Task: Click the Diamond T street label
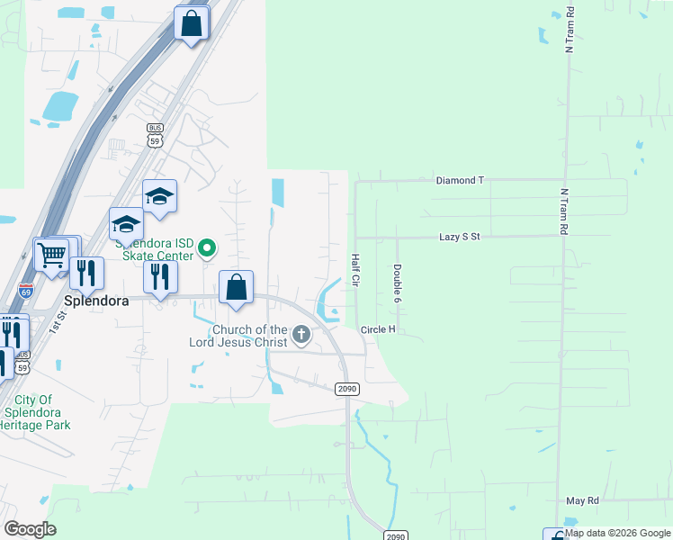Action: [460, 180]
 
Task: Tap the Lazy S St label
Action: [462, 237]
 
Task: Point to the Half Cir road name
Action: [354, 271]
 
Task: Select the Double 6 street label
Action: [397, 282]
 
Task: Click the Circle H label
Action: [378, 330]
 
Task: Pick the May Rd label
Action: [582, 500]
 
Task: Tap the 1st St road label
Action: [58, 321]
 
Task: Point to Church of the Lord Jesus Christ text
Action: [238, 336]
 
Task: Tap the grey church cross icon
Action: [301, 336]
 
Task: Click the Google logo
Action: [30, 528]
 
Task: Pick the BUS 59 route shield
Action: [155, 134]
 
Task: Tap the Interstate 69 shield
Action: [26, 291]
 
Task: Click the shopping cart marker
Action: [52, 255]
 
